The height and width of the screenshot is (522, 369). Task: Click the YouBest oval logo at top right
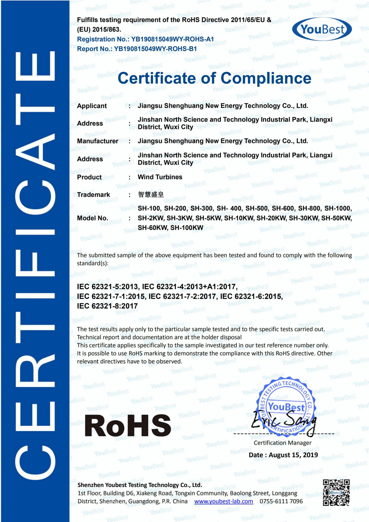(322, 29)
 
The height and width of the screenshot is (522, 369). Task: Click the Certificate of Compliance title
(214, 78)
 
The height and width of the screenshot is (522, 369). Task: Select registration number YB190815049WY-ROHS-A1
(172, 39)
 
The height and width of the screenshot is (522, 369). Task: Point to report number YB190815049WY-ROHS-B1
(155, 49)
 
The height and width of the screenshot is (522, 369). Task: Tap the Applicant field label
(92, 106)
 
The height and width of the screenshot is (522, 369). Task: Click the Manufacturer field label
(97, 141)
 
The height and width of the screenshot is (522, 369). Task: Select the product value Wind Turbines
(160, 177)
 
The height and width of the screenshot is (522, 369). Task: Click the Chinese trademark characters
(151, 194)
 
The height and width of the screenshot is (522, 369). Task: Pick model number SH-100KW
(187, 228)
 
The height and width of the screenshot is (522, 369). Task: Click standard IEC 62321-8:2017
(107, 306)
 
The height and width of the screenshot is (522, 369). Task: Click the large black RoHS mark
(127, 426)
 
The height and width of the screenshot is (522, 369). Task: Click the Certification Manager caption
(282, 443)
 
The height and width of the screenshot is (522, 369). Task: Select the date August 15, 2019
(293, 455)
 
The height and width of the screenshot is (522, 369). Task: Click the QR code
(336, 493)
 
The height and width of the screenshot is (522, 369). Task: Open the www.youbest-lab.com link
(224, 502)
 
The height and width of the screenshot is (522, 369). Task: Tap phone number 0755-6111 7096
(281, 502)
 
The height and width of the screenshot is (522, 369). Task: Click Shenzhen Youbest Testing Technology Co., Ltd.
(140, 485)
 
